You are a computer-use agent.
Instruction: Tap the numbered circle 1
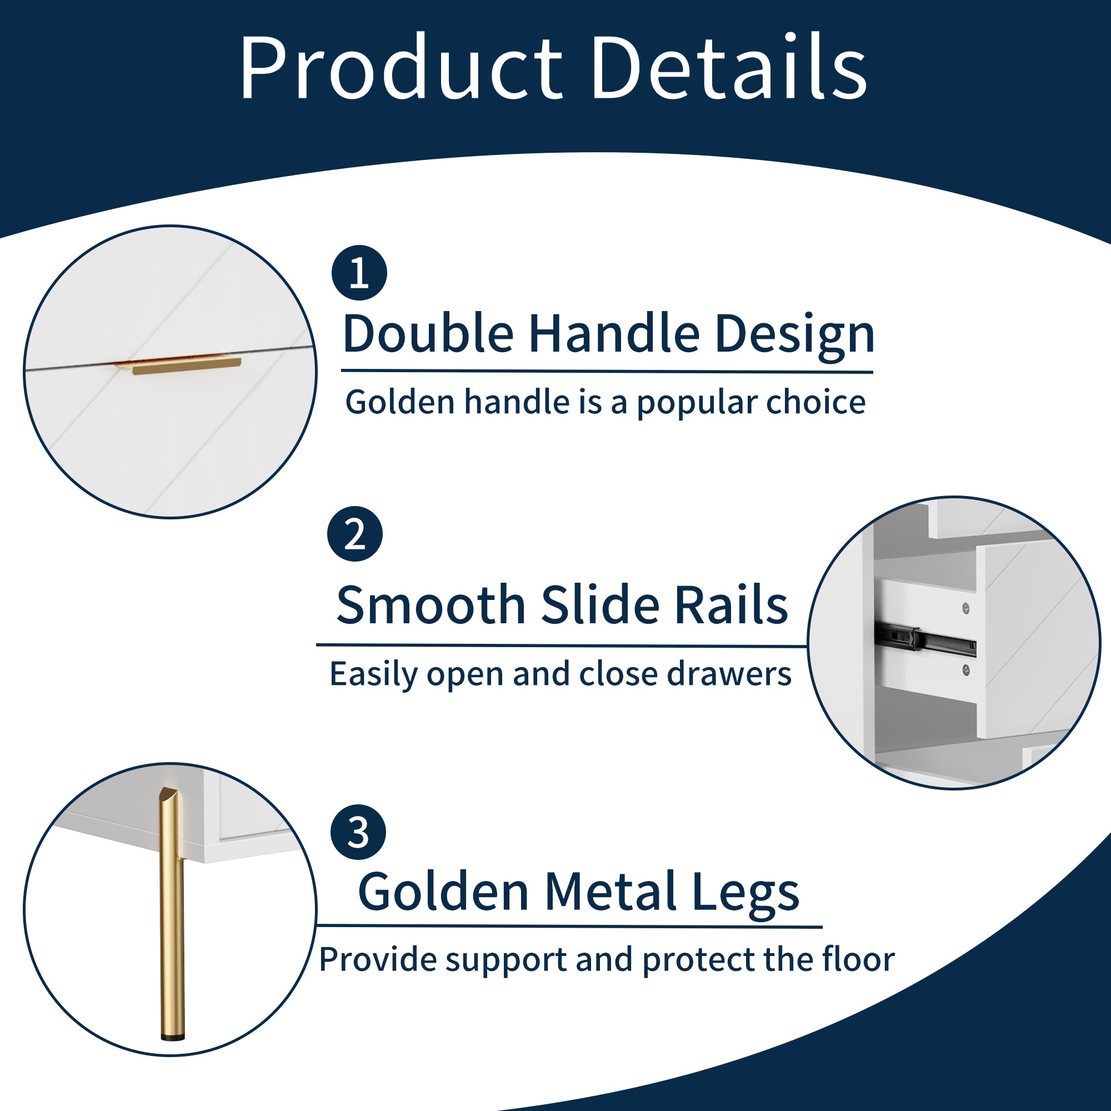tap(359, 273)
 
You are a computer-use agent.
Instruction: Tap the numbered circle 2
tap(355, 534)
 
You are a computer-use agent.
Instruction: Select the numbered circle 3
tap(358, 832)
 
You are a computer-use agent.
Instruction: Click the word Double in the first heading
tap(428, 333)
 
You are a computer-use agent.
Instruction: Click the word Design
tap(795, 337)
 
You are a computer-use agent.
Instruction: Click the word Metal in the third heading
tap(610, 892)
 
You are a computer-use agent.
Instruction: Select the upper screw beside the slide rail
tap(966, 608)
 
